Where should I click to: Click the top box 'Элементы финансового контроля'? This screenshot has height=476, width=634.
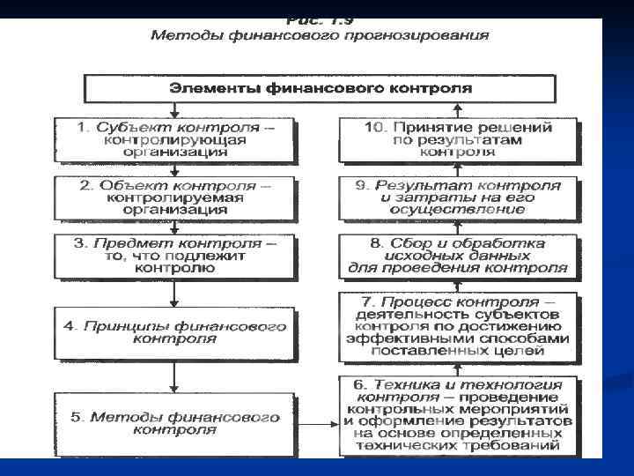click(320, 88)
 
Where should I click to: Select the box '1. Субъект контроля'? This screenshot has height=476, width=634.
click(174, 139)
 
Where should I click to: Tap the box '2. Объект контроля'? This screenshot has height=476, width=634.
click(174, 197)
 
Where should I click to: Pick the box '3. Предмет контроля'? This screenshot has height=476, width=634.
click(174, 256)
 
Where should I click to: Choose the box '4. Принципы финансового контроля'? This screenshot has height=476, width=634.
click(174, 332)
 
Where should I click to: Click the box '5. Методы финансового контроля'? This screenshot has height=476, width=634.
click(174, 422)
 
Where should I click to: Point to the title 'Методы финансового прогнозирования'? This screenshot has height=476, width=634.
click(320, 36)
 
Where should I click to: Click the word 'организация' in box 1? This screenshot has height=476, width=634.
click(174, 152)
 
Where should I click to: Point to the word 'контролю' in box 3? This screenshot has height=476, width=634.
click(174, 268)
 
